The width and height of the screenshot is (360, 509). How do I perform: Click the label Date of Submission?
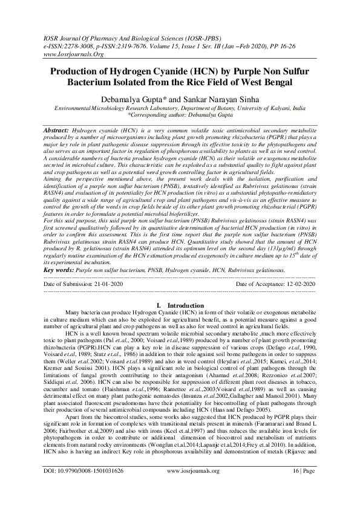pyautogui.click(x=62, y=283)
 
